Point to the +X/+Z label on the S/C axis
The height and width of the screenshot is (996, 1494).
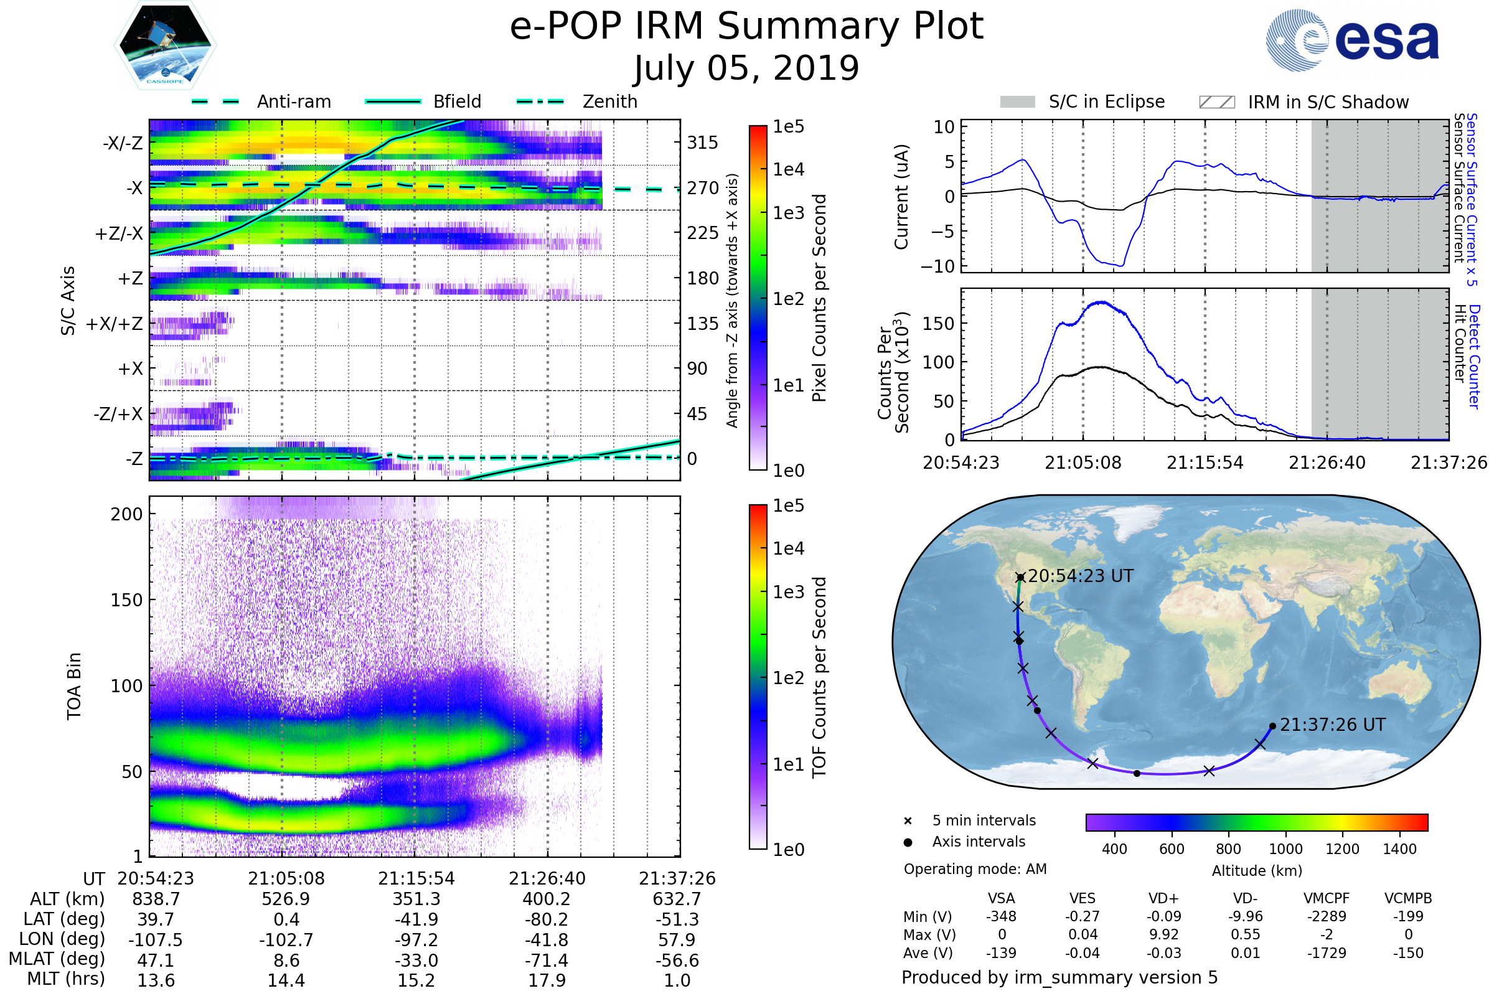115,324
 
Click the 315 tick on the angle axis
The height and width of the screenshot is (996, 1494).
702,143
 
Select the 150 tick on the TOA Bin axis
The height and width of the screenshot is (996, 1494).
126,600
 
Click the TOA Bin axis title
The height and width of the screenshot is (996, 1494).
73,685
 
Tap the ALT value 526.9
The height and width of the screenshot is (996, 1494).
286,900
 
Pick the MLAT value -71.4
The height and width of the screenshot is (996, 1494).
547,961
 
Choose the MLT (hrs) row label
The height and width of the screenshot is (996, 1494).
66,979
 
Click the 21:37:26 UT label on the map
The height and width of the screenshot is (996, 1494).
1332,725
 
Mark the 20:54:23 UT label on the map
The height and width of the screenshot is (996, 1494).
1081,576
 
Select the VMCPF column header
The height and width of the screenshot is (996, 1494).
1327,899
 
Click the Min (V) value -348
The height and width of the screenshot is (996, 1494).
1001,916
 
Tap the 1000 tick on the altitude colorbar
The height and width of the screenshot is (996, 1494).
1285,849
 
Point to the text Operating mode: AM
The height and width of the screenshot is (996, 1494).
975,869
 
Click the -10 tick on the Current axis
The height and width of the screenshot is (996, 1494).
937,266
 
